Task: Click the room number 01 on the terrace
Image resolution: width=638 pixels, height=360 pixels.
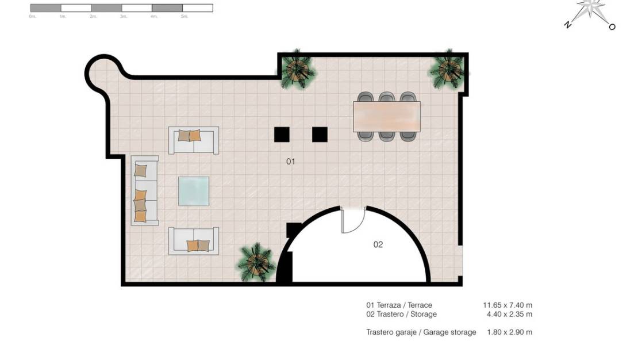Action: coord(290,162)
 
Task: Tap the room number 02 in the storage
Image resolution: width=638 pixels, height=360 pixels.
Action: coord(378,244)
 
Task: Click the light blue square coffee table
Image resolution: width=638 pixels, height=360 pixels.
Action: coord(194,191)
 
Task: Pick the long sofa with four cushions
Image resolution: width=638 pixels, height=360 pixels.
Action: coord(144,190)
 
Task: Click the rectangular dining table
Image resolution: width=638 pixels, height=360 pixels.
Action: coord(386,117)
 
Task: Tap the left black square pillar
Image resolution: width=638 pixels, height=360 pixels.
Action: coord(282,135)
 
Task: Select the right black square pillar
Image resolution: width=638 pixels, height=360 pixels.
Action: coord(320,135)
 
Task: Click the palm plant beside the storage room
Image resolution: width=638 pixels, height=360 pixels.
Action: coord(255,262)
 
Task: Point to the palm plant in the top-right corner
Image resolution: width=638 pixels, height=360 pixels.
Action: coord(449,70)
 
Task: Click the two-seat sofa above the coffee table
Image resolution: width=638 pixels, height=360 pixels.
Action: coord(194,140)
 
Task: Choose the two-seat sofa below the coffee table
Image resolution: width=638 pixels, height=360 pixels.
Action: coord(194,241)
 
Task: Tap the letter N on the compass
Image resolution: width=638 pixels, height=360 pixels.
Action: coord(567,25)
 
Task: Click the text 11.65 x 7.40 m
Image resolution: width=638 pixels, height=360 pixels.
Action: coord(507,305)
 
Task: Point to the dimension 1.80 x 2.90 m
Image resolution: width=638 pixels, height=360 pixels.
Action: coord(509,332)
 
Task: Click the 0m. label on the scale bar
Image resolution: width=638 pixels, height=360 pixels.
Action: coord(32,17)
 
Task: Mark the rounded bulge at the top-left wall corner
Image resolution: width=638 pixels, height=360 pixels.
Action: coord(101,72)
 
